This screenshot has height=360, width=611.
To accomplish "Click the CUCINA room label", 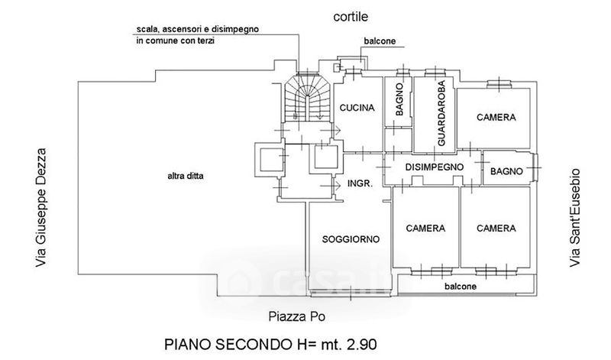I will click(357, 109).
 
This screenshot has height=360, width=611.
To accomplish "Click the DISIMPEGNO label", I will click(432, 166).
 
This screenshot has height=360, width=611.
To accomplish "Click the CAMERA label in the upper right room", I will click(496, 118).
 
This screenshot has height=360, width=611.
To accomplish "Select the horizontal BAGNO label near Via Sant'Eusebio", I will click(506, 171).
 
